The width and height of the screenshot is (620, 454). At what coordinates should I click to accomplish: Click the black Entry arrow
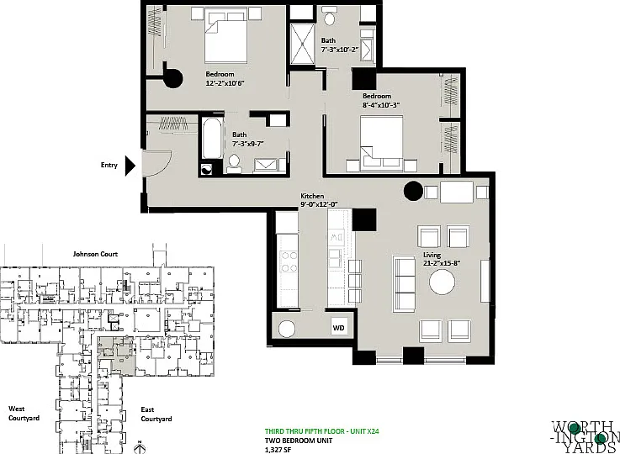pyautogui.click(x=130, y=166)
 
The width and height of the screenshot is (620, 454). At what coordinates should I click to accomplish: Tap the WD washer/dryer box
pyautogui.click(x=338, y=328)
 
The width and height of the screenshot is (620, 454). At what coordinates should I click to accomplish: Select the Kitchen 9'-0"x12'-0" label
pyautogui.click(x=319, y=200)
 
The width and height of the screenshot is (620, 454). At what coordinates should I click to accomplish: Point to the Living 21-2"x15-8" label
pyautogui.click(x=442, y=259)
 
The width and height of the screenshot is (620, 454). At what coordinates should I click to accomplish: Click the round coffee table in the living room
pyautogui.click(x=442, y=282)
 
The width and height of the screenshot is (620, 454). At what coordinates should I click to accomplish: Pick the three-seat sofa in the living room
pyautogui.click(x=404, y=283)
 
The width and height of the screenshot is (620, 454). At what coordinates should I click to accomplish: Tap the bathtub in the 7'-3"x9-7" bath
pyautogui.click(x=212, y=139)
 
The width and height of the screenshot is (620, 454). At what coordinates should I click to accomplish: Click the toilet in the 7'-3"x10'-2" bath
pyautogui.click(x=329, y=16)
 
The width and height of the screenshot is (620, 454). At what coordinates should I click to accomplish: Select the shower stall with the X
pyautogui.click(x=303, y=44)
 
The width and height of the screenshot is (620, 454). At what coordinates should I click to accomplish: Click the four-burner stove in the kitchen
pyautogui.click(x=289, y=262)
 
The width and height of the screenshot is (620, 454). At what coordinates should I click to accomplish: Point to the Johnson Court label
pyautogui.click(x=95, y=254)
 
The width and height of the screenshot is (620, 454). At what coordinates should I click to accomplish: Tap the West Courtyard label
pyautogui.click(x=24, y=414)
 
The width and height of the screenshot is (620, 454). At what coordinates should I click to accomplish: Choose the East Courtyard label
pyautogui.click(x=156, y=414)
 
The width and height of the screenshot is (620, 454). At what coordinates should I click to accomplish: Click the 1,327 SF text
pyautogui.click(x=278, y=449)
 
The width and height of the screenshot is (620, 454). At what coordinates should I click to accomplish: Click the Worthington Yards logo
pyautogui.click(x=586, y=437)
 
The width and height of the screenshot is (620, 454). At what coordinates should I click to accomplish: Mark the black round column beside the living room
pyautogui.click(x=414, y=191)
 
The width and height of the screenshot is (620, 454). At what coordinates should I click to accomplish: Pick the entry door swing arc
pyautogui.click(x=164, y=166)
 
